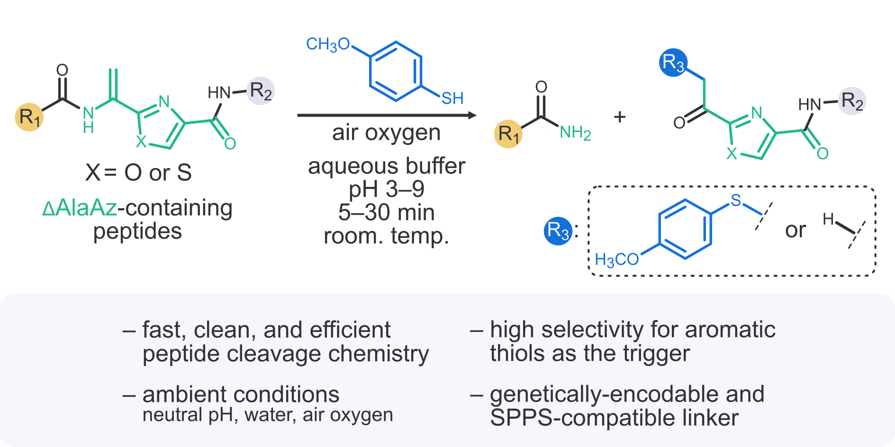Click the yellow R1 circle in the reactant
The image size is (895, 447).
pos(29,116)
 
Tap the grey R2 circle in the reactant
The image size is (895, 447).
pos(261,90)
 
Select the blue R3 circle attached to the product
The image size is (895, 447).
pos(673,63)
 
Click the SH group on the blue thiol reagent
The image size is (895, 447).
pos(452,98)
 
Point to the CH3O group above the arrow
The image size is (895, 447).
pos(328,45)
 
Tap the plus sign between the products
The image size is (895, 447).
pos(620,116)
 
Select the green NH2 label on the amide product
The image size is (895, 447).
pos(575,133)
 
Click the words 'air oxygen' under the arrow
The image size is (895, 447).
pos(386,133)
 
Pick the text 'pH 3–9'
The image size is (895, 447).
pos(387,189)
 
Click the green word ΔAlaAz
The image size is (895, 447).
pos(80,208)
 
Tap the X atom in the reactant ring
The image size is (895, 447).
pos(141,142)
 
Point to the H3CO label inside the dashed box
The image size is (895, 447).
pos(617,259)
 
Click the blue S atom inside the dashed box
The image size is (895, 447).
pos(735,200)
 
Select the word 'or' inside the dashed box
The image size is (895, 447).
pos(796,231)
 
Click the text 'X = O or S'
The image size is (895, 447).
pos(138,172)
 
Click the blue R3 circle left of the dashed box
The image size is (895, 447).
pos(558,231)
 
